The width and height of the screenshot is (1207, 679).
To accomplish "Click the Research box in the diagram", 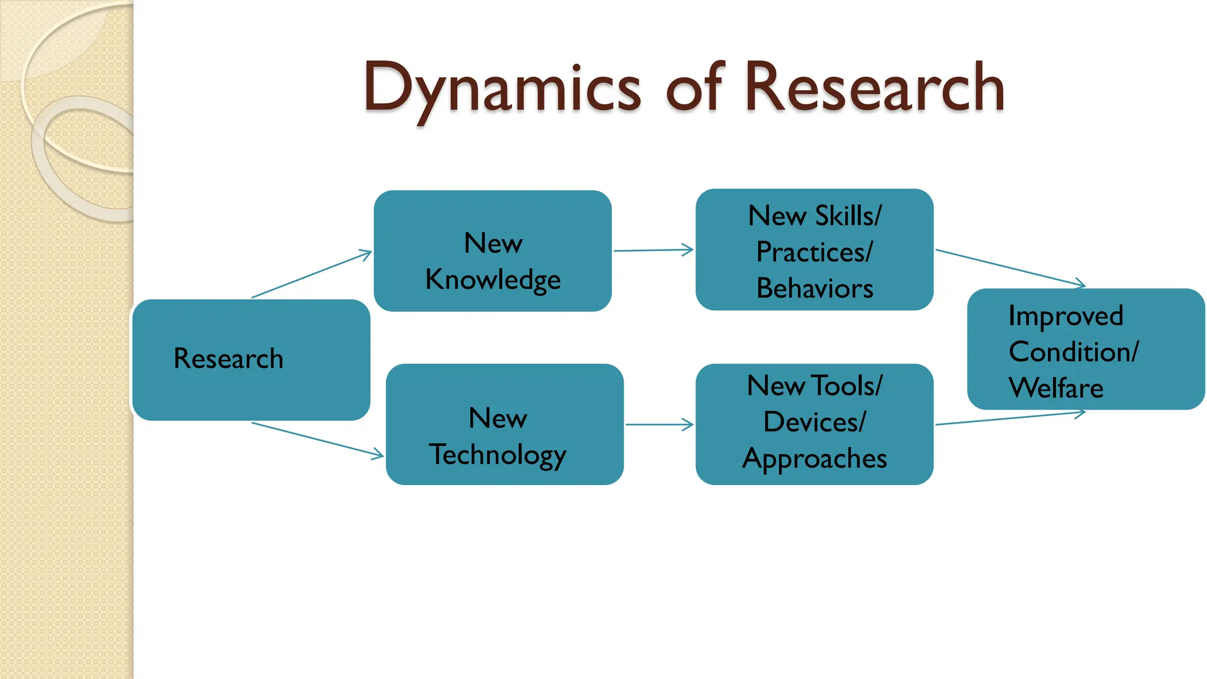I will [x=251, y=360].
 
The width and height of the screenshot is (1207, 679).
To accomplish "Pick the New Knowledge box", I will [x=493, y=250].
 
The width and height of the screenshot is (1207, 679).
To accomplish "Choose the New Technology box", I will [x=504, y=424].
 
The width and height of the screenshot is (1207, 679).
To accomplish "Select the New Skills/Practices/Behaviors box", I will [x=814, y=249].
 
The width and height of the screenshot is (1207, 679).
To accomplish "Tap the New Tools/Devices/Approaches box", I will [x=814, y=424].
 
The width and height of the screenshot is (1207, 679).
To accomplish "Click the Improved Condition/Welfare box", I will [x=1086, y=349].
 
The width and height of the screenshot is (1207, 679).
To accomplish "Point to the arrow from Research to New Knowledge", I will [x=312, y=274].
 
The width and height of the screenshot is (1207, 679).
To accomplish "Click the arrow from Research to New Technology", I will [x=318, y=440].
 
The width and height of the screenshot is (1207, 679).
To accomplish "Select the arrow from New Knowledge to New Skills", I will [x=654, y=250].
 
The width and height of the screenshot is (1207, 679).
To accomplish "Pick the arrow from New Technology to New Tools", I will [x=659, y=424].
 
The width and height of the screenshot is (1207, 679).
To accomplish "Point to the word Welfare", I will [x=1056, y=388].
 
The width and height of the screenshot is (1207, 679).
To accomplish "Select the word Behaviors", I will [x=814, y=289].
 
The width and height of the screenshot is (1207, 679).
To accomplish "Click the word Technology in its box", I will [x=497, y=455].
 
